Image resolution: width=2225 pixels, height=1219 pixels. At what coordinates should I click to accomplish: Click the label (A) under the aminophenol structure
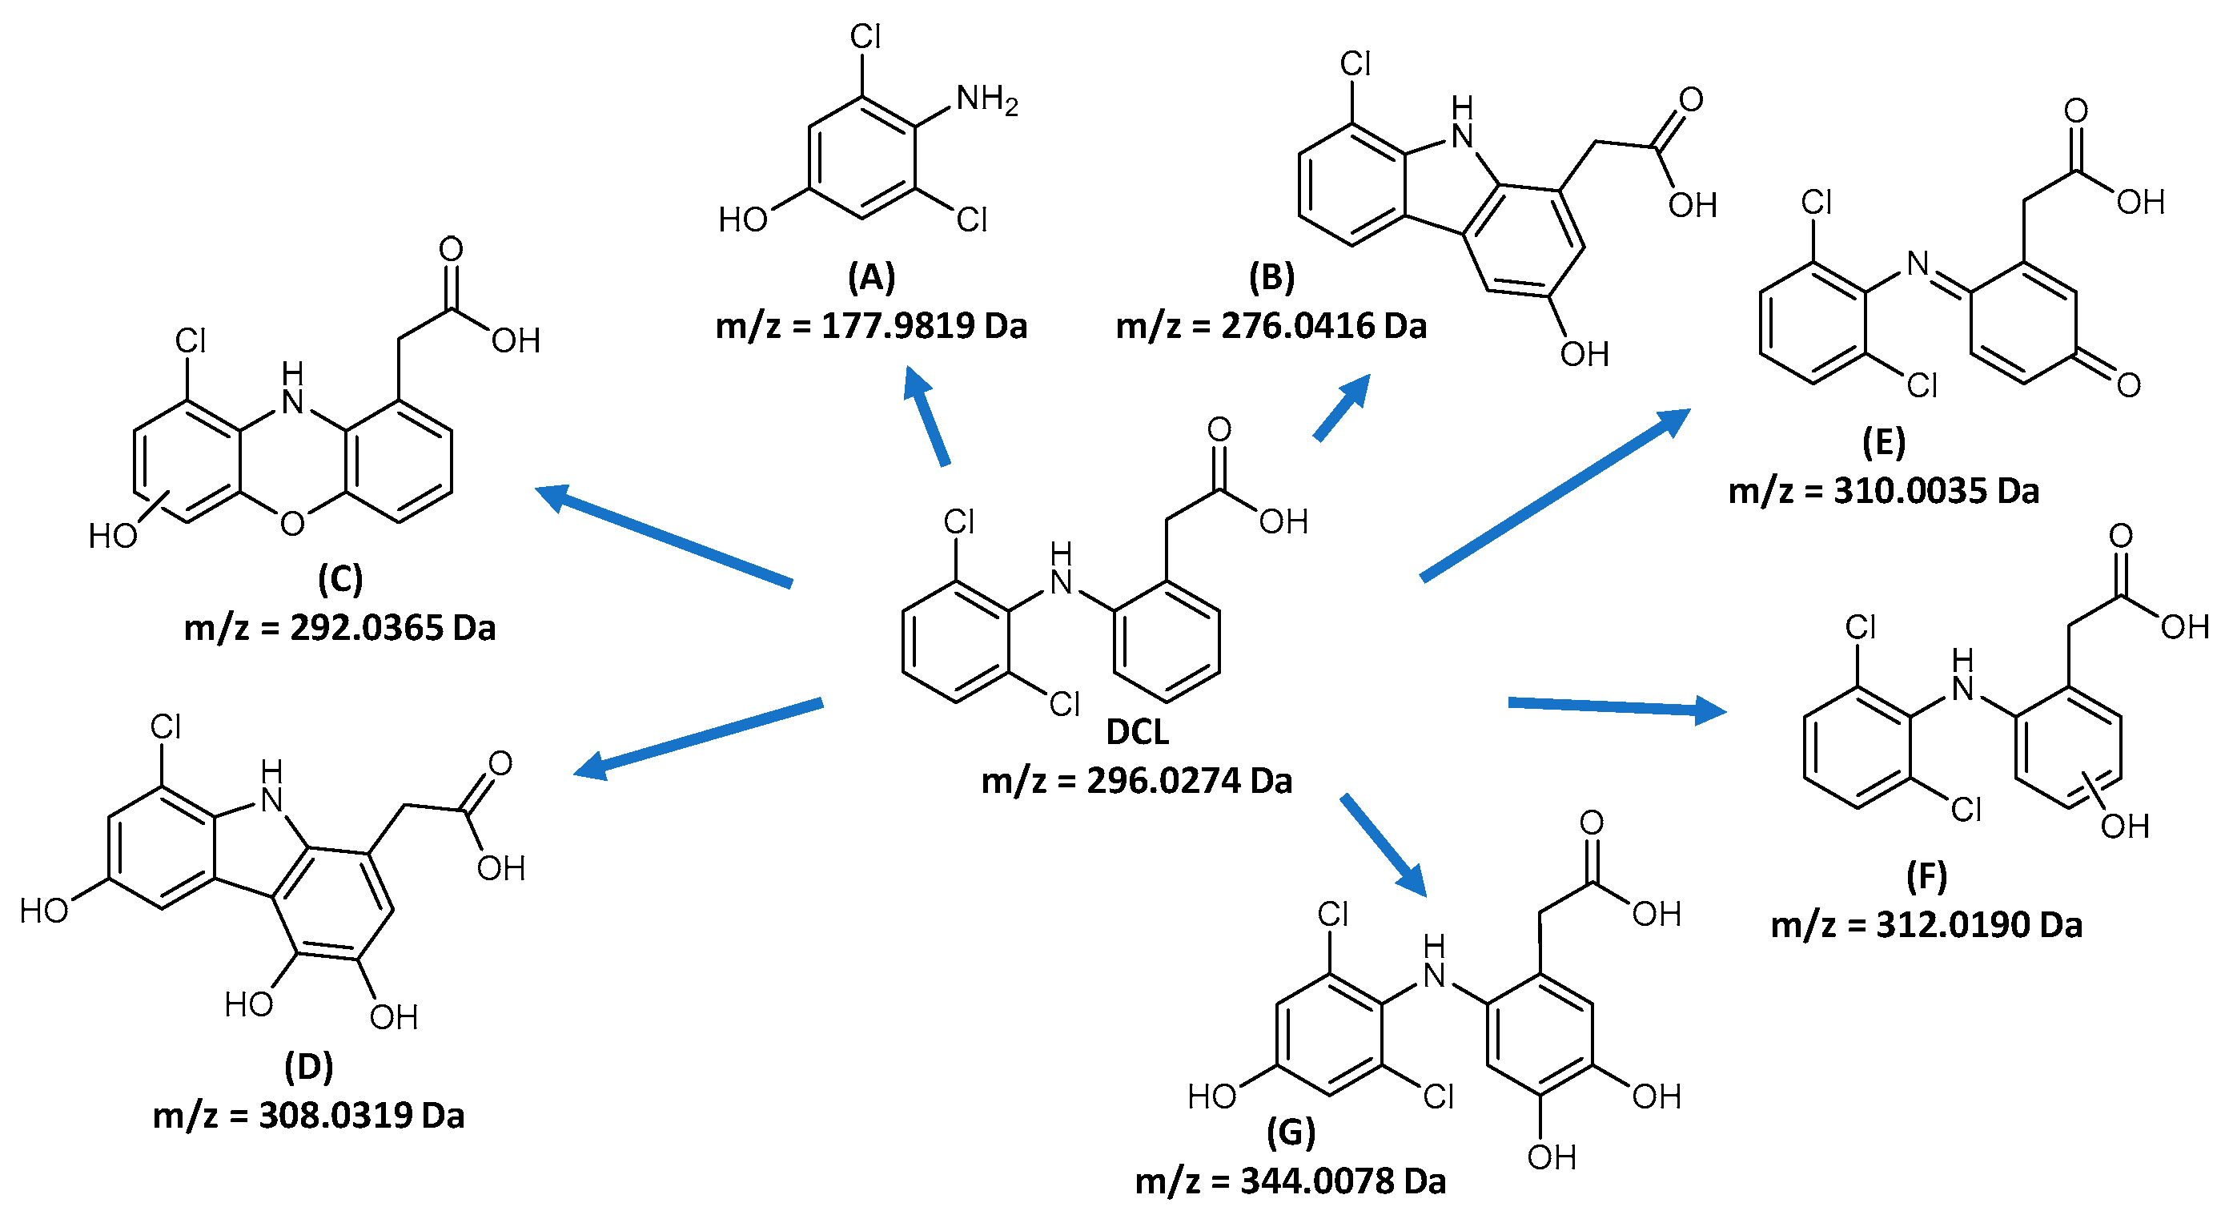click(x=870, y=277)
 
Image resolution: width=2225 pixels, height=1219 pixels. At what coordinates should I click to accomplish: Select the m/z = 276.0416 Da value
click(x=1271, y=326)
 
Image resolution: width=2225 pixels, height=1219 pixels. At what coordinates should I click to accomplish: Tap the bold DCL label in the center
click(x=1137, y=732)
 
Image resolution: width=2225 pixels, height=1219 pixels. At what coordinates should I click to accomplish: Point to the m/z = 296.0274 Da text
click(x=1137, y=781)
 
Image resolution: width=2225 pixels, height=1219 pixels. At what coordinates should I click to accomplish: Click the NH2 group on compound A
click(x=986, y=99)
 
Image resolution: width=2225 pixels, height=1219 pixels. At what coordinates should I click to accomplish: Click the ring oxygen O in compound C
click(x=292, y=524)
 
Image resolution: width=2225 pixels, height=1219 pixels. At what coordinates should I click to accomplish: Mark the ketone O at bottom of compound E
click(x=2128, y=384)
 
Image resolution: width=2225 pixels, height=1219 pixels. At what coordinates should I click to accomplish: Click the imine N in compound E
click(x=1918, y=264)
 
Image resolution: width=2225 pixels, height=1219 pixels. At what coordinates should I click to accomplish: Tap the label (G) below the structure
click(x=1291, y=1133)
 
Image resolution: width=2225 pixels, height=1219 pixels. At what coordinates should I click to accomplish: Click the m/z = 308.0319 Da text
click(x=308, y=1116)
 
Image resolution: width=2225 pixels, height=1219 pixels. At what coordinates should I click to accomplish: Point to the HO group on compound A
click(x=743, y=219)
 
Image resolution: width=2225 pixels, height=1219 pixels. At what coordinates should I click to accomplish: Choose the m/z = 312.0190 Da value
click(x=1926, y=925)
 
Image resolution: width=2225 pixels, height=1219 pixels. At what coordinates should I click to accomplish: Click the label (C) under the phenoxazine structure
click(x=339, y=579)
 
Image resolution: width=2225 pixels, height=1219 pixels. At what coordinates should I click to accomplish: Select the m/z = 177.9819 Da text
click(x=870, y=326)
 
